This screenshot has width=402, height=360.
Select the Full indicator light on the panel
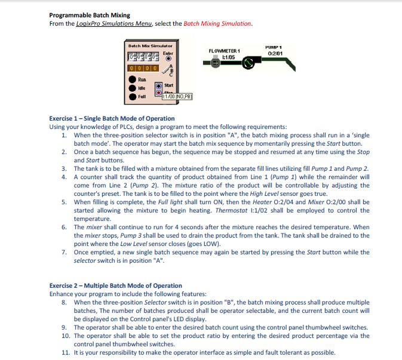pos(132,96)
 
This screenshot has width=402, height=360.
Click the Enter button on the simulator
pos(168,59)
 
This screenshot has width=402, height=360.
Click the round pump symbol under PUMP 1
pos(249,61)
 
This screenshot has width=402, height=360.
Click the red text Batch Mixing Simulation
pos(217,23)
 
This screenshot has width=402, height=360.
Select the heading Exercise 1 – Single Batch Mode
pos(112,118)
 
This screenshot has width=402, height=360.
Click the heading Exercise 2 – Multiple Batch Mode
pos(115,286)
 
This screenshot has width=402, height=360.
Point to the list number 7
pos(64,253)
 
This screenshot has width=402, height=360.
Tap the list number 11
pos(65,352)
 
